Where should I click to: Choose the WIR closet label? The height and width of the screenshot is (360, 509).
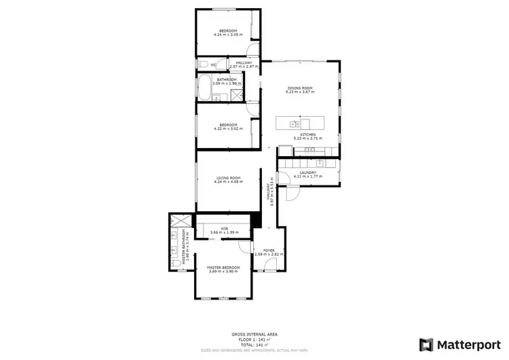pos(223,229)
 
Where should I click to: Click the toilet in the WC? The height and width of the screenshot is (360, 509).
pos(202,65)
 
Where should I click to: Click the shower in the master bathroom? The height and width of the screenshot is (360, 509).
pos(180,221)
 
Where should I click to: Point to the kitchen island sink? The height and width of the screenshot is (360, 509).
pos(293,124)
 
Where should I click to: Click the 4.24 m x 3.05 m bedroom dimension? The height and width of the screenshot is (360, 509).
pos(227,34)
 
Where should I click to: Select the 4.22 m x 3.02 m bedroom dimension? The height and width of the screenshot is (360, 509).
pos(227,128)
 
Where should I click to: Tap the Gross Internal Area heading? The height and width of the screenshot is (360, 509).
pos(254,334)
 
